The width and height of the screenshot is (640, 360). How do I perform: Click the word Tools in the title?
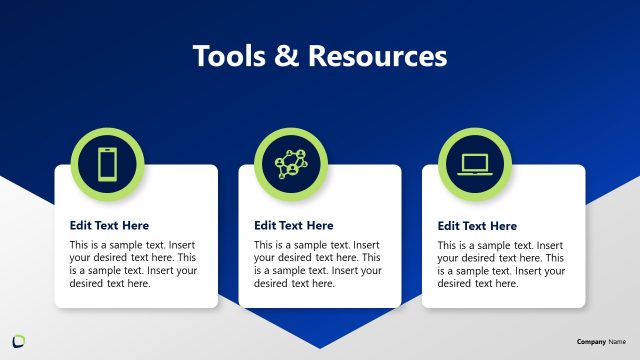coord(226,56)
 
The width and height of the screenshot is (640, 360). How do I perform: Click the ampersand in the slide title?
coord(284,56)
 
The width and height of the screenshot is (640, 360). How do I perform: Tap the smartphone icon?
coord(108,163)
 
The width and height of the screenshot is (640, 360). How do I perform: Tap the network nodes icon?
coord(291,163)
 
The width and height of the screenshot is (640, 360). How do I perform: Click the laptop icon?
coord(475,163)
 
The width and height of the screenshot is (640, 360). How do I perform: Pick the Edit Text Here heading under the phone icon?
coord(109,226)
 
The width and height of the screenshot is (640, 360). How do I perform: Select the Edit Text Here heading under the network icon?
coord(293,226)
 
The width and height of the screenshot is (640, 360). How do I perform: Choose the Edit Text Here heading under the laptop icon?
coord(477,226)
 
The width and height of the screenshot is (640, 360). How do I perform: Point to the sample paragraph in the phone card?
coord(133,264)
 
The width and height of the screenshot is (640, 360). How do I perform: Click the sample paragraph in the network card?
coord(317,264)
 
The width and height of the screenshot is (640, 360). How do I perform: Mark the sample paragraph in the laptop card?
coord(501,264)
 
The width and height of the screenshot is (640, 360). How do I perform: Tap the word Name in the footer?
coord(617,341)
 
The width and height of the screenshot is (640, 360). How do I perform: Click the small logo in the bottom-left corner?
coord(18,340)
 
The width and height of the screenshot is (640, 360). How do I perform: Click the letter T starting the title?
coord(199,56)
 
